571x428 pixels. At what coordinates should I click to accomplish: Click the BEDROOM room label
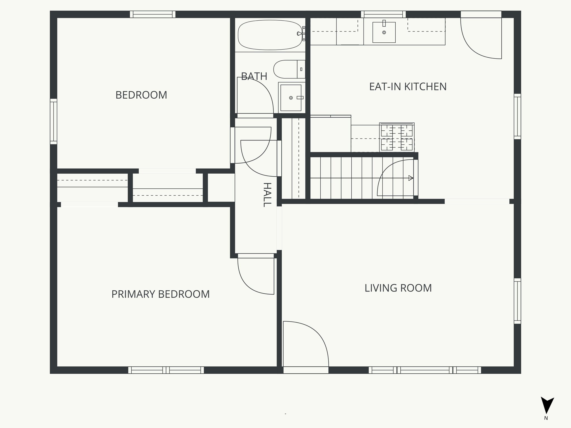coord(141,95)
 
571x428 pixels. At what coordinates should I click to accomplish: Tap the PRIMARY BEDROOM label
coord(160,294)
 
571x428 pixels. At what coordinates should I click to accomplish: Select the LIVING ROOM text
coord(398,288)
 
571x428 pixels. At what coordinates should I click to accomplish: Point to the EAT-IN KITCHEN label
coord(408,87)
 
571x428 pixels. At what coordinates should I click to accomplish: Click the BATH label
coord(254,76)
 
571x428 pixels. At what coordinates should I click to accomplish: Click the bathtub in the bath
coord(270,35)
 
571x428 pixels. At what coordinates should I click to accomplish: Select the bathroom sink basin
coord(291,98)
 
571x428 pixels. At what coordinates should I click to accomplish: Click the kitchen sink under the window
coord(384,32)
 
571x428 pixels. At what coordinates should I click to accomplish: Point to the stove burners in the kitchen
coord(397,137)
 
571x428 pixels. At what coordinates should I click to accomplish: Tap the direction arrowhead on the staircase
coord(410,178)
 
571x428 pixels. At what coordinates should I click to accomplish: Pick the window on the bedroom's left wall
coord(54,121)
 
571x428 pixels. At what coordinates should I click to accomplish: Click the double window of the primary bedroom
coord(166,370)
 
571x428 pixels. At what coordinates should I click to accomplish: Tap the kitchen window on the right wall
coord(517,116)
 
